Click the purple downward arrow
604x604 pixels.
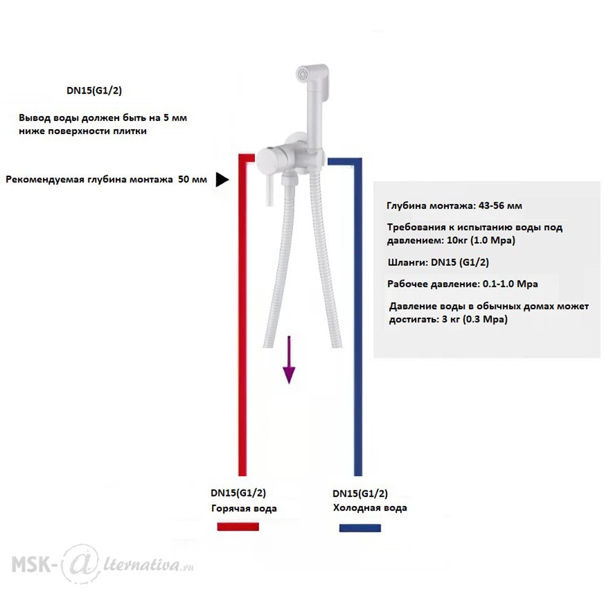tap(289, 360)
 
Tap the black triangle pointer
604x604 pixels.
tap(222, 179)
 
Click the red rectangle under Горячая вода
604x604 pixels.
tap(238, 527)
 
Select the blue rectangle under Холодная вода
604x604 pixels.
tap(360, 528)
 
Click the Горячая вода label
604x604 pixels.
tap(244, 509)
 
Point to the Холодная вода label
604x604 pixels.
tap(370, 508)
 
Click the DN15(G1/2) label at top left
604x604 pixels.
tap(94, 91)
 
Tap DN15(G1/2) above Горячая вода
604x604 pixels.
tap(238, 493)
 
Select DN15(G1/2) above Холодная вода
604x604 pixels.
tap(360, 493)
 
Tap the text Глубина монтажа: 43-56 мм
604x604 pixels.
tap(454, 206)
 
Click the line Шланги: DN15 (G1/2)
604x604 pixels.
tap(439, 262)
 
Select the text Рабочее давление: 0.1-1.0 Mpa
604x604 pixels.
tap(463, 284)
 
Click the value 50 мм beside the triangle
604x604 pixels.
tap(192, 179)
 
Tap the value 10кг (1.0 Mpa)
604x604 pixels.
tap(481, 240)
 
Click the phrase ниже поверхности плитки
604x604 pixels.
tap(82, 131)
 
